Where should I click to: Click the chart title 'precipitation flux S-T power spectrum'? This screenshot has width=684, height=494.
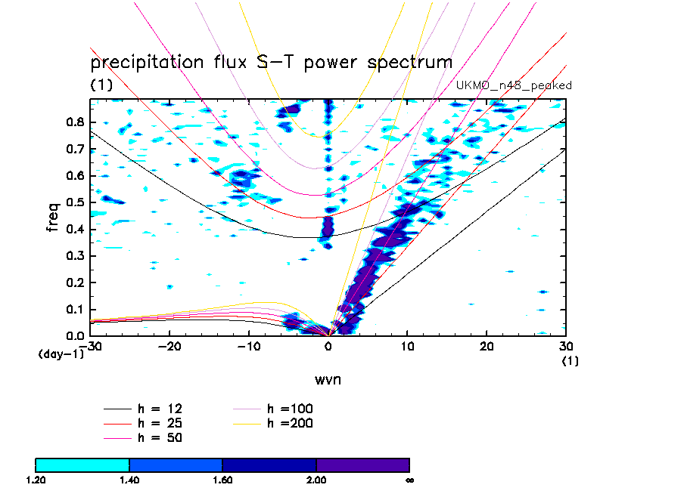pos(271,62)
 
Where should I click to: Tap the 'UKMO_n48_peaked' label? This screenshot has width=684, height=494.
pos(514,85)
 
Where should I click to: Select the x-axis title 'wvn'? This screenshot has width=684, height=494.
pos(328,378)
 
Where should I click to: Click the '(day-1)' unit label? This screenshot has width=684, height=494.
pos(61,354)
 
